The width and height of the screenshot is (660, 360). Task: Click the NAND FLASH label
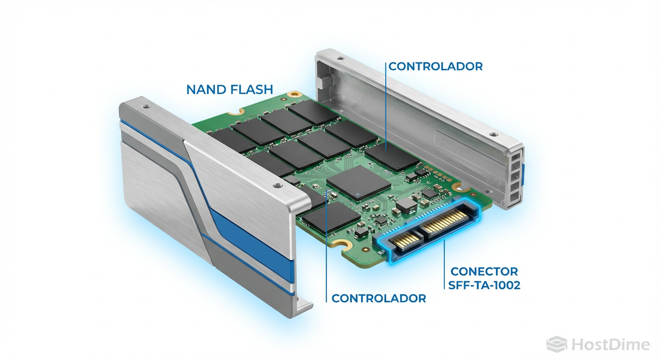(230, 89)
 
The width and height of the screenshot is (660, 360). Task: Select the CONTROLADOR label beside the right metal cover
(435, 66)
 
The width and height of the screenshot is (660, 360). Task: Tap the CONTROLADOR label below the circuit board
(379, 298)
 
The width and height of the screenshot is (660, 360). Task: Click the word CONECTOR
(484, 271)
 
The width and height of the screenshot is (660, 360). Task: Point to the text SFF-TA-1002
(484, 285)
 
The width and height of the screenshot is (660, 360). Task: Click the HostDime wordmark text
(610, 345)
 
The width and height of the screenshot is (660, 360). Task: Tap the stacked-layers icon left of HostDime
(557, 345)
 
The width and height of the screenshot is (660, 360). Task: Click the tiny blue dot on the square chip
(359, 194)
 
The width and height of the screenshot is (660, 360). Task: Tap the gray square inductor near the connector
(404, 205)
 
